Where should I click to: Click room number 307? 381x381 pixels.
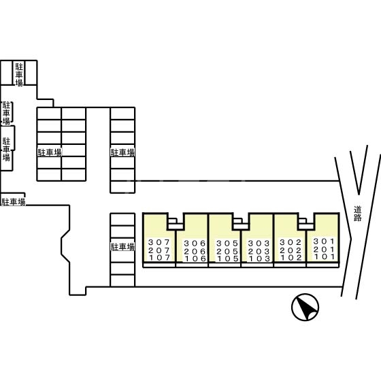pos(159,242)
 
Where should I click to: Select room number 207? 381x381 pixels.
pos(159,250)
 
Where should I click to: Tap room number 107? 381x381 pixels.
pos(159,258)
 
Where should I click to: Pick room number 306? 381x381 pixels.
pos(195,244)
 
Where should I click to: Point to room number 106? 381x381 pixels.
pos(195,259)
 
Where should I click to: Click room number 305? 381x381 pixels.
pos(227,244)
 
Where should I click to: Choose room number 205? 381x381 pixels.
pos(227,251)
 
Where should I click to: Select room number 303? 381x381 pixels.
pos(259,244)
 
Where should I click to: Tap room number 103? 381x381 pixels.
pos(259,259)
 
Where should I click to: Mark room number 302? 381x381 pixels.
pos(291,242)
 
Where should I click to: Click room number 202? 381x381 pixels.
pos(291,250)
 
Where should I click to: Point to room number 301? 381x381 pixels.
pos(324,242)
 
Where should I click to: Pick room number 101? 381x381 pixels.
pos(325,256)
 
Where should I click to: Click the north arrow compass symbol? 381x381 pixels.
pos(305,307)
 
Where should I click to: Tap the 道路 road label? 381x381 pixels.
pos(357,214)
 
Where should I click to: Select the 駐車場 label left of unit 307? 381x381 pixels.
pos(122,247)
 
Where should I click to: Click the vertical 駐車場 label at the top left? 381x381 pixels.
pos(19,75)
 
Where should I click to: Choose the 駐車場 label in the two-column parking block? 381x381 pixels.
pos(50,152)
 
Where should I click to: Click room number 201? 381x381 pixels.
pos(324,249)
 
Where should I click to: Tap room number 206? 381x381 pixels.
pos(195,251)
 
